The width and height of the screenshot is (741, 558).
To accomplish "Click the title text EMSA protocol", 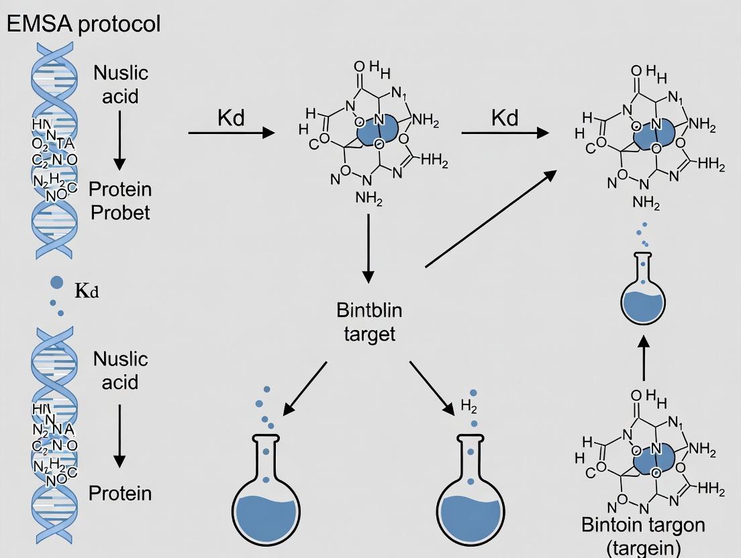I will click(x=83, y=24).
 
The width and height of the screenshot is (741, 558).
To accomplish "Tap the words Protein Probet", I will click(x=121, y=201).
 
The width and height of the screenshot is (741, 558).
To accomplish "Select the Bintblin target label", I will click(x=370, y=323).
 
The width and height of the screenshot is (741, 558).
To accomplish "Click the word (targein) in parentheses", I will click(x=644, y=547).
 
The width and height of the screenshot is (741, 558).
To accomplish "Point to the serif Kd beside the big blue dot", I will click(x=87, y=292).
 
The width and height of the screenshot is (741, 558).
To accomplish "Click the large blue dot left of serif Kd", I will click(x=57, y=282).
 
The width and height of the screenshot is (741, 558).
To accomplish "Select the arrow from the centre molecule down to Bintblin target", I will click(x=368, y=248).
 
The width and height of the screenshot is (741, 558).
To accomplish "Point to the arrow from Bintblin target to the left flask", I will click(x=305, y=388).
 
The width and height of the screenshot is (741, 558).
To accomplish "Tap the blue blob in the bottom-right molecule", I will click(x=653, y=461).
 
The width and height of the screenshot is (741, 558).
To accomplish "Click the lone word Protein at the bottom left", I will click(x=120, y=494).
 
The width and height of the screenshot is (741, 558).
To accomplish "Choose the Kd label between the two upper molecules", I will click(x=505, y=118).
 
